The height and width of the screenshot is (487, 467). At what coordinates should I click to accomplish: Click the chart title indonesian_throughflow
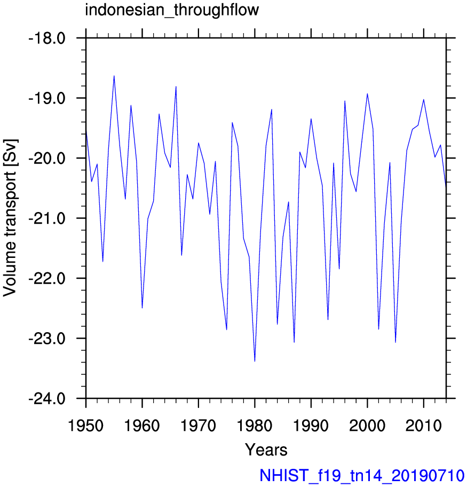coord(172,10)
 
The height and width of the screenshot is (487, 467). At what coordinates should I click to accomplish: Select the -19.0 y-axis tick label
coord(47,98)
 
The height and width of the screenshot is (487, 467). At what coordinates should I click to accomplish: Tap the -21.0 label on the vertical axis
coord(47,218)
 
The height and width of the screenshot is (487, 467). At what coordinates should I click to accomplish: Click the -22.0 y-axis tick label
coord(47,279)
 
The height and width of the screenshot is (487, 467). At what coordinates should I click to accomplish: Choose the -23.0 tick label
coord(47,339)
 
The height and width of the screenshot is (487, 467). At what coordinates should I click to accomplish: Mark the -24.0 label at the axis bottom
coord(47,398)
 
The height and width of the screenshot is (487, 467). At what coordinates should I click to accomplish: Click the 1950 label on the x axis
coord(86,425)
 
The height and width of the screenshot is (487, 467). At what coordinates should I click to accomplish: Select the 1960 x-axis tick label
coord(142,425)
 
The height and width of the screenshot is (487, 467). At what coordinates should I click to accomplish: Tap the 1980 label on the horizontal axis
coord(255,425)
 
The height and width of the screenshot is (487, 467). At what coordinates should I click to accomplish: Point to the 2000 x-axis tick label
coord(367,425)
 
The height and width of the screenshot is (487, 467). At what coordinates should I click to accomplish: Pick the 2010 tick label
coord(424,425)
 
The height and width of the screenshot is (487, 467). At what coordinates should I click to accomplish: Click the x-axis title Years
coord(266,450)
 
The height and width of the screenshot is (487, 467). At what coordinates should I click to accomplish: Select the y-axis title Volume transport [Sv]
coord(10,218)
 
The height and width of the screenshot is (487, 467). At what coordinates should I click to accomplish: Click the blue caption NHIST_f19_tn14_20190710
coord(362,476)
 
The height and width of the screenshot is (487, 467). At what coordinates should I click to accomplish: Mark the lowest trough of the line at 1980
coord(255,361)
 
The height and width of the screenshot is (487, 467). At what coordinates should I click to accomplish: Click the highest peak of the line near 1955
coord(114,76)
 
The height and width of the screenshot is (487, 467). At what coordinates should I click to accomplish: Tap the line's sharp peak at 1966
coord(176,87)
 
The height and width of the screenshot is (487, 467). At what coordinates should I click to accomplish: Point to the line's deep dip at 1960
coord(142,308)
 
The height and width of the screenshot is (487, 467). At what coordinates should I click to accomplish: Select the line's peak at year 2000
coord(367,94)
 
